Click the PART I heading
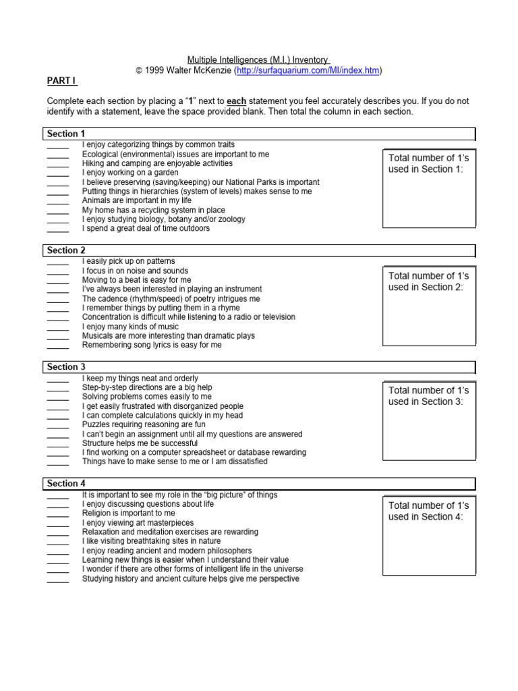click(61, 82)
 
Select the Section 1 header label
click(66, 134)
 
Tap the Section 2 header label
click(66, 250)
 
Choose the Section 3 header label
click(66, 367)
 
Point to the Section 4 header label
click(66, 484)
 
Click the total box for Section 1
click(429, 188)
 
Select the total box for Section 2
click(429, 306)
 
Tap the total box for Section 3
click(429, 420)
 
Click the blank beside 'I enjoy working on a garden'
click(58, 173)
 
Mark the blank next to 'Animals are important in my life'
click(58, 201)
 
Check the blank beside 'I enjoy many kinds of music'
click(58, 327)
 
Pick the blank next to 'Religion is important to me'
click(58, 514)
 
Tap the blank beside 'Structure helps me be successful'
click(58, 444)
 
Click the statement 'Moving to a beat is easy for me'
click(136, 280)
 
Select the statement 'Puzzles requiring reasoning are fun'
click(144, 425)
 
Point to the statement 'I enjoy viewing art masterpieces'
click(138, 523)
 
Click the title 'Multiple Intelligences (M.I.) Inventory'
click(258, 60)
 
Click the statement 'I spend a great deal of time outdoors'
click(146, 229)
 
